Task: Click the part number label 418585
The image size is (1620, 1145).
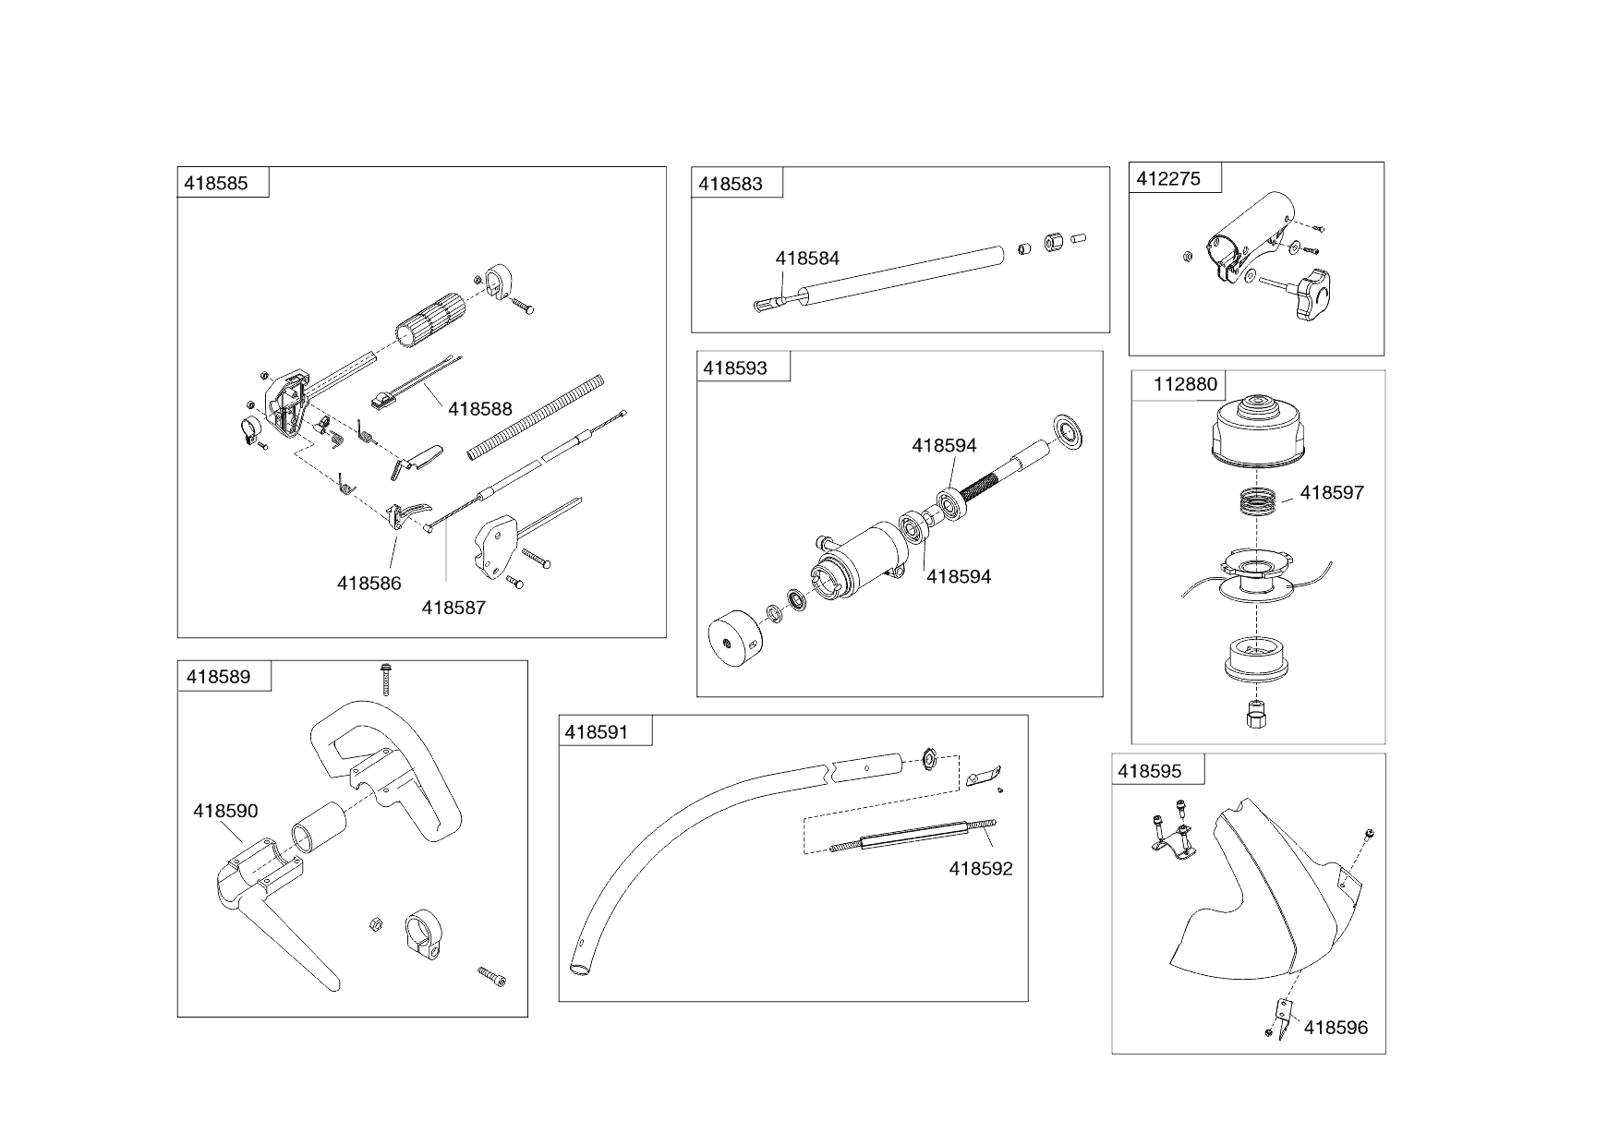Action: [216, 183]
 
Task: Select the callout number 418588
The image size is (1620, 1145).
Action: [479, 408]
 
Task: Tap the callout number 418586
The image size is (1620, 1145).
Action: [369, 584]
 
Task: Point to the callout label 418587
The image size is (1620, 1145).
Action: [453, 608]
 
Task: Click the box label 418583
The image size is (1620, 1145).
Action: [731, 184]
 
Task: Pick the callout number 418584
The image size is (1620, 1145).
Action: [807, 259]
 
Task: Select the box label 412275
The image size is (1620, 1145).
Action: [1168, 179]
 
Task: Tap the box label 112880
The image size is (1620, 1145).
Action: [1186, 384]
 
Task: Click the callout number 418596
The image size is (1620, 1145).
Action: [1336, 1028]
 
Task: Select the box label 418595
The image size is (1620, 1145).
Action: [1149, 771]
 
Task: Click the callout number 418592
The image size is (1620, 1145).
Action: [981, 869]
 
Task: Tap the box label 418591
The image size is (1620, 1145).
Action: [596, 732]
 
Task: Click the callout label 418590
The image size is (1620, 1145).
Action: [225, 811]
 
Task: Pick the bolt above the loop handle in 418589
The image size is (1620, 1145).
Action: [384, 679]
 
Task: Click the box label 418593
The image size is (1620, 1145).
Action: [735, 368]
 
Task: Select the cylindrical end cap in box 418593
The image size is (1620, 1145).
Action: [733, 639]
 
